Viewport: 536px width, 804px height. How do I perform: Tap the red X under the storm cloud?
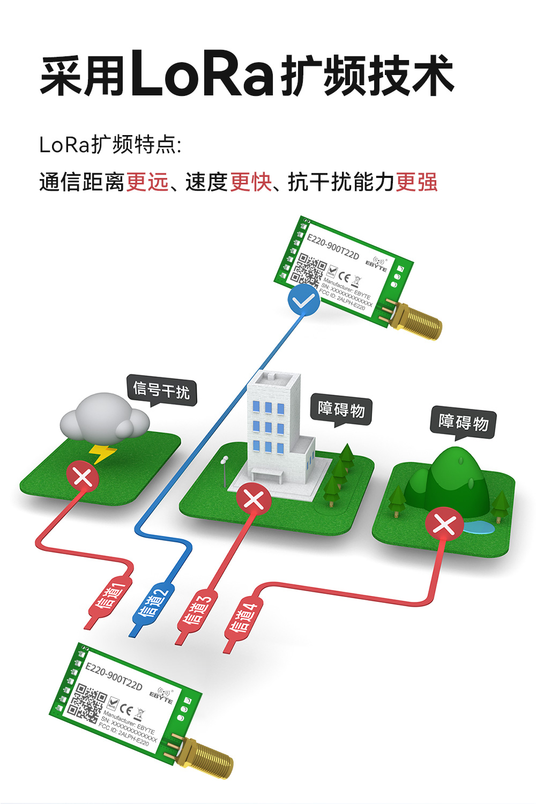(x=83, y=476)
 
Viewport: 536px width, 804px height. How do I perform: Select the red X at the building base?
(x=254, y=500)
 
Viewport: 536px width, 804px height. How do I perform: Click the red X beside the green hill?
(x=444, y=524)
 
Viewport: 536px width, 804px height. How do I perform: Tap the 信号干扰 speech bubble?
(x=161, y=390)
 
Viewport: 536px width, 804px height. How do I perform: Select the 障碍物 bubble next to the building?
(x=341, y=410)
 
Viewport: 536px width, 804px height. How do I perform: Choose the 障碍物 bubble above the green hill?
(x=463, y=422)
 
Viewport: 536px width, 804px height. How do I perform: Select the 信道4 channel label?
(x=244, y=616)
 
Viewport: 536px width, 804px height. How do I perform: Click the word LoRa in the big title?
(x=202, y=74)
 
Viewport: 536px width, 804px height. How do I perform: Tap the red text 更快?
(x=251, y=182)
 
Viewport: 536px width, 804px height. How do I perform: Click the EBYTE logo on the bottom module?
(x=162, y=696)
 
